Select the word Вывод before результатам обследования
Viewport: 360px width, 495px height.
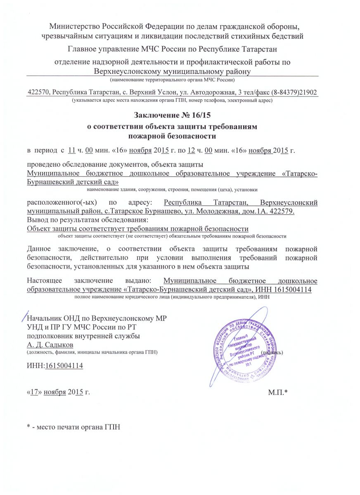[37, 219]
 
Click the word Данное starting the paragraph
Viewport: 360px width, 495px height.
[39, 249]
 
